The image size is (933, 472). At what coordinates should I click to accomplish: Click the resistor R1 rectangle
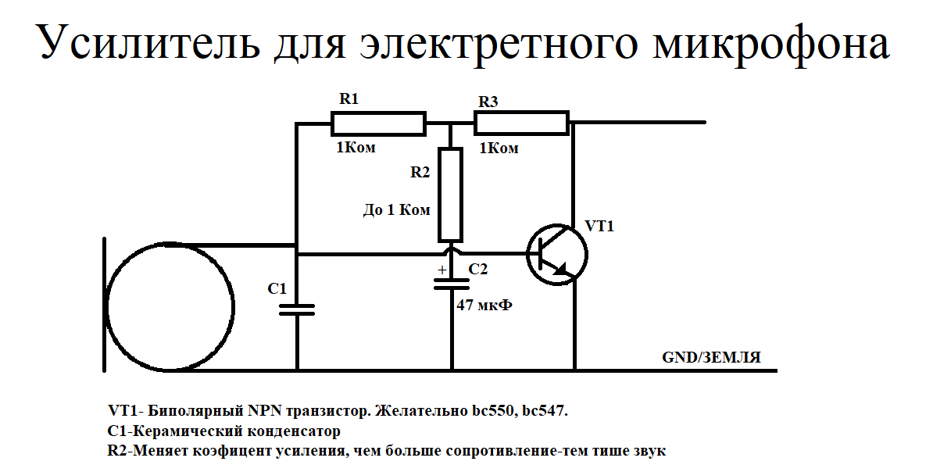click(x=378, y=123)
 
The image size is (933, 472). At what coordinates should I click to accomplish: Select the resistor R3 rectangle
click(x=521, y=123)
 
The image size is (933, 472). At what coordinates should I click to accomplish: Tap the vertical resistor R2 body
click(x=450, y=194)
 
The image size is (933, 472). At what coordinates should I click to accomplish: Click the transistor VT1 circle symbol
click(x=556, y=253)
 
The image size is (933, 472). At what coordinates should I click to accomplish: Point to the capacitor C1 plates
click(x=297, y=309)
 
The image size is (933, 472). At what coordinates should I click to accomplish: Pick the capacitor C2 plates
click(x=452, y=283)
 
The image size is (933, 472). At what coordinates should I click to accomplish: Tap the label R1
click(x=349, y=99)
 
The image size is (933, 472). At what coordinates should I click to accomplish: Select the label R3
click(x=488, y=102)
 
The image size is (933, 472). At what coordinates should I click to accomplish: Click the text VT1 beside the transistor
click(x=599, y=227)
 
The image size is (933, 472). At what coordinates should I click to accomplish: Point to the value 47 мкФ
click(x=484, y=306)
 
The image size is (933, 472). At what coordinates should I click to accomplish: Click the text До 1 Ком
click(x=397, y=210)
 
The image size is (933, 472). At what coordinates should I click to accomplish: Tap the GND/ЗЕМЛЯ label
click(x=711, y=357)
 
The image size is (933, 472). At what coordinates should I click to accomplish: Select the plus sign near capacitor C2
click(x=441, y=270)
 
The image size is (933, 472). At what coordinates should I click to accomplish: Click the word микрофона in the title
click(x=770, y=44)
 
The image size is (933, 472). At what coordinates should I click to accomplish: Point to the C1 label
click(x=277, y=288)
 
